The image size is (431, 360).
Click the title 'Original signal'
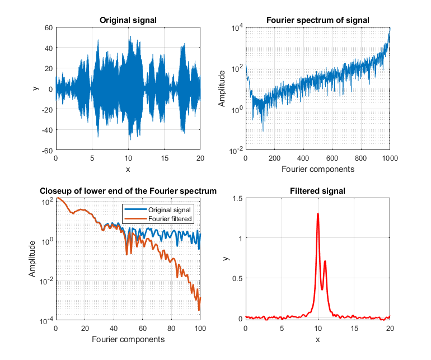coord(128,21)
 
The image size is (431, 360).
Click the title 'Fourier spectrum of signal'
coord(318,21)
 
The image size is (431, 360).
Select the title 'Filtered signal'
coord(318,191)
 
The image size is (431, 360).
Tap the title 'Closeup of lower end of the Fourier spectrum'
coord(128,191)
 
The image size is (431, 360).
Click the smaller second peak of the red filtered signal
coord(325,261)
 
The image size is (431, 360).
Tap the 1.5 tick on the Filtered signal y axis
coord(237,199)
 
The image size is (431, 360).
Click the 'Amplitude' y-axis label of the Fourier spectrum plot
coord(222,89)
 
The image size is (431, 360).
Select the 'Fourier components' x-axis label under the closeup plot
coord(128,339)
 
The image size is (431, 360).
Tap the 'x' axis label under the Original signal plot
coord(128,169)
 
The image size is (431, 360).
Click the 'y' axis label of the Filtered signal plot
coord(226,259)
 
